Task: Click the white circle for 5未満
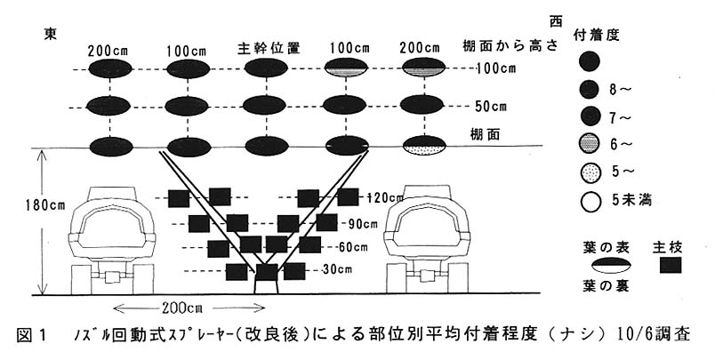588,200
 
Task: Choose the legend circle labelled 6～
588,144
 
